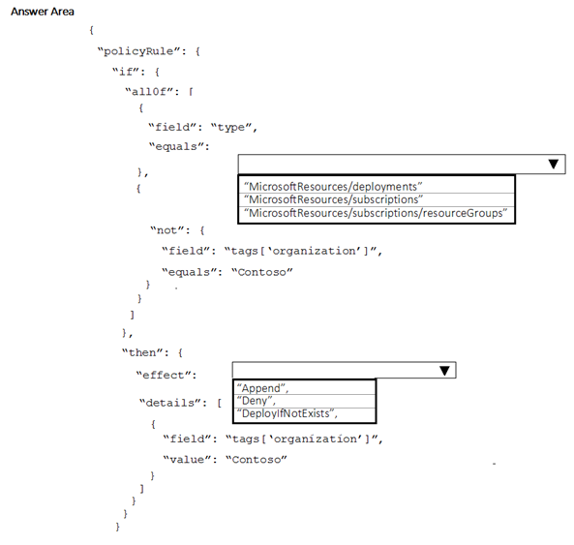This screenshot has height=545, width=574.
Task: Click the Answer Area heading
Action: pyautogui.click(x=43, y=12)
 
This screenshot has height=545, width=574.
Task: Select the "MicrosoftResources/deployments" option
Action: pyautogui.click(x=333, y=187)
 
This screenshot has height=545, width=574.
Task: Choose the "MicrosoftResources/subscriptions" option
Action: pyautogui.click(x=334, y=199)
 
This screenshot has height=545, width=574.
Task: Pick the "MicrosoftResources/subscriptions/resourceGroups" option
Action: pyautogui.click(x=376, y=213)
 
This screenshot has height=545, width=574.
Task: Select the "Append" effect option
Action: pyautogui.click(x=262, y=388)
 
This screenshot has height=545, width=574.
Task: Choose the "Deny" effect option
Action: pyautogui.click(x=256, y=401)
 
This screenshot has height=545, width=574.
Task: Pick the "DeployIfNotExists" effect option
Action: pyautogui.click(x=287, y=413)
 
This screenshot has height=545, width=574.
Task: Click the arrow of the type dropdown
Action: pyautogui.click(x=554, y=164)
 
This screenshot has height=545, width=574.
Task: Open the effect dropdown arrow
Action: pyautogui.click(x=444, y=371)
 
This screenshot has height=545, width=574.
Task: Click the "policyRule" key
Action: pyautogui.click(x=138, y=51)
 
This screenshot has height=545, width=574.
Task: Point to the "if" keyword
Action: pyautogui.click(x=126, y=72)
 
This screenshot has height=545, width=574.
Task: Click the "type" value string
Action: pyautogui.click(x=231, y=128)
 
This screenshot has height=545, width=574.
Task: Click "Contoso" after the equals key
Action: pyautogui.click(x=262, y=272)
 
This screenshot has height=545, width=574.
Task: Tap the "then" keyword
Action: pyautogui.click(x=142, y=352)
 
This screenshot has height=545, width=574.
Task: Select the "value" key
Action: pyautogui.click(x=187, y=460)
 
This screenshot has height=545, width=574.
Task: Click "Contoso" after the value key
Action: pyautogui.click(x=257, y=460)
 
